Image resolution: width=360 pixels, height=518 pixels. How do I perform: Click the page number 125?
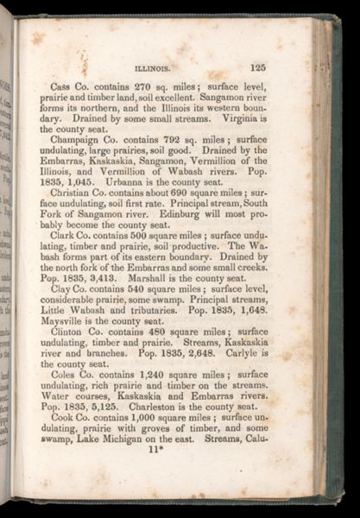point(256,66)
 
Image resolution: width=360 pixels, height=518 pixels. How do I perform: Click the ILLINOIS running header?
point(154,68)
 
